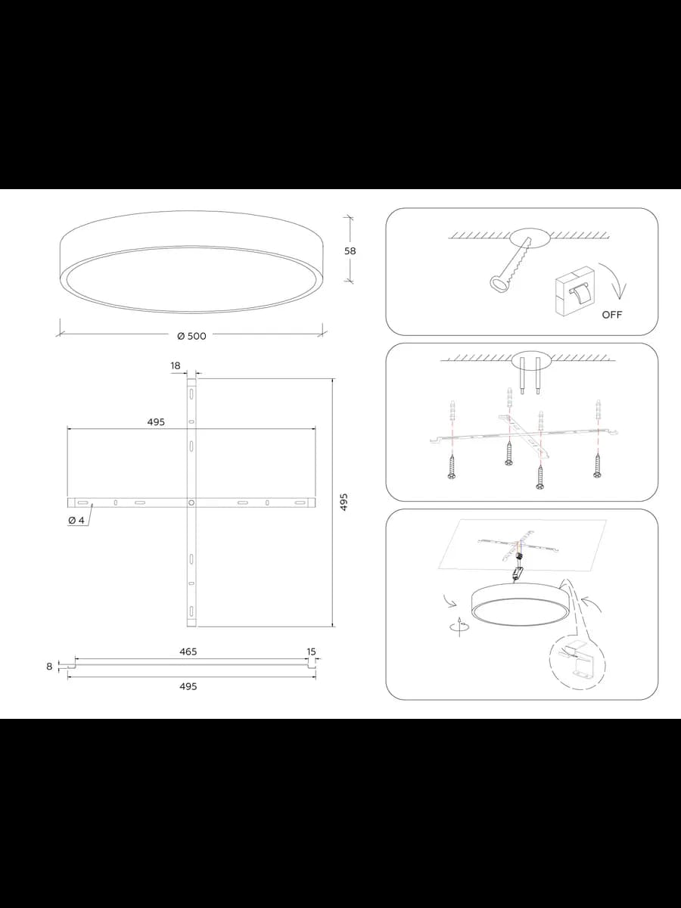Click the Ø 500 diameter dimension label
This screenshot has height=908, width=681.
click(x=191, y=336)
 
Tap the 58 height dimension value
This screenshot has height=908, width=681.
click(x=350, y=251)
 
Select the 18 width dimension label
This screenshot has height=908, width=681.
click(x=176, y=365)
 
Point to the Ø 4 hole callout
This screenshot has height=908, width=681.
click(x=76, y=521)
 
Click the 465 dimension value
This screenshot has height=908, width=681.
click(x=188, y=651)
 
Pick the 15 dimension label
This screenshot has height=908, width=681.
click(x=311, y=651)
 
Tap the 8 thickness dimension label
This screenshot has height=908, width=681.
click(x=49, y=667)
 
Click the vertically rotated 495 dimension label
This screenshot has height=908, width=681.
click(x=344, y=502)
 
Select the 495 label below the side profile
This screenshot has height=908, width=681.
click(x=188, y=686)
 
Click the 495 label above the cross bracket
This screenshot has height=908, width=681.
click(x=156, y=422)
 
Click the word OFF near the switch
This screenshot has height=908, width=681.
click(x=611, y=315)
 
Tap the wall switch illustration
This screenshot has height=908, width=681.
click(x=574, y=290)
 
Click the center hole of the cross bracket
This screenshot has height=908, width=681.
click(x=191, y=502)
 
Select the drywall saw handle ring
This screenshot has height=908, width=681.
click(x=498, y=285)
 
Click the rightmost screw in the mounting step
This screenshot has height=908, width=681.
click(x=597, y=466)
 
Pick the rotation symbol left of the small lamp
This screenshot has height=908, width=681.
click(x=459, y=627)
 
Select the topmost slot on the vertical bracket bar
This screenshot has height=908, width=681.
click(x=191, y=393)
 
